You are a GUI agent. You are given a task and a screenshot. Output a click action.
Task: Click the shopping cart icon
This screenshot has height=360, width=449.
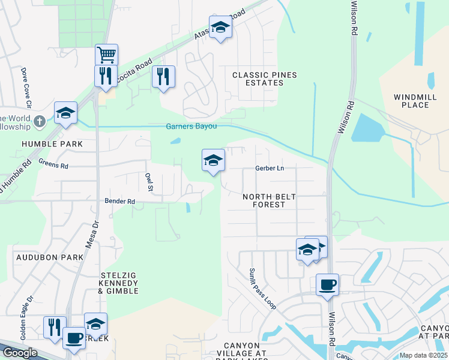pos(106,55)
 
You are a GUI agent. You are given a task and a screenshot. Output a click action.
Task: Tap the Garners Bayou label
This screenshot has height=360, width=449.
pos(191,127)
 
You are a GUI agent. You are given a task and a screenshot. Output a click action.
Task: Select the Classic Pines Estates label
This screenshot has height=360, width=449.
pos(258,79)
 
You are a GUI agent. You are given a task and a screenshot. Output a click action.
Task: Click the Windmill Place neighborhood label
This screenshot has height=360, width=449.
pos(411,101)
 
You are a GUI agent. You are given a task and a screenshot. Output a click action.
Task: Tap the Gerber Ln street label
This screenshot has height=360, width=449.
pos(269,169)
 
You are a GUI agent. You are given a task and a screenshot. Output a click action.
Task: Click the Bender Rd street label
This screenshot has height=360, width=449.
pos(120,202)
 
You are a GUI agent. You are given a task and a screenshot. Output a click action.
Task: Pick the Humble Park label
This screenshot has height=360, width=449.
pos(52,145)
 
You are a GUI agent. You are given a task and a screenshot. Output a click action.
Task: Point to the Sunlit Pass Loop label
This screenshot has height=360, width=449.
pos(263,289)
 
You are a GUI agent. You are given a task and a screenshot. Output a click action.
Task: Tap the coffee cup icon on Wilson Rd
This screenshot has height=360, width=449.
pos(327,285)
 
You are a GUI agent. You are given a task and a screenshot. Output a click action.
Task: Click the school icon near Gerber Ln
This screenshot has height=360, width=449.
pos(213,160)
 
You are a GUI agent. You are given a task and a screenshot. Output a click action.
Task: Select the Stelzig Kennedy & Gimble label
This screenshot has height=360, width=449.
pos(119,283)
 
